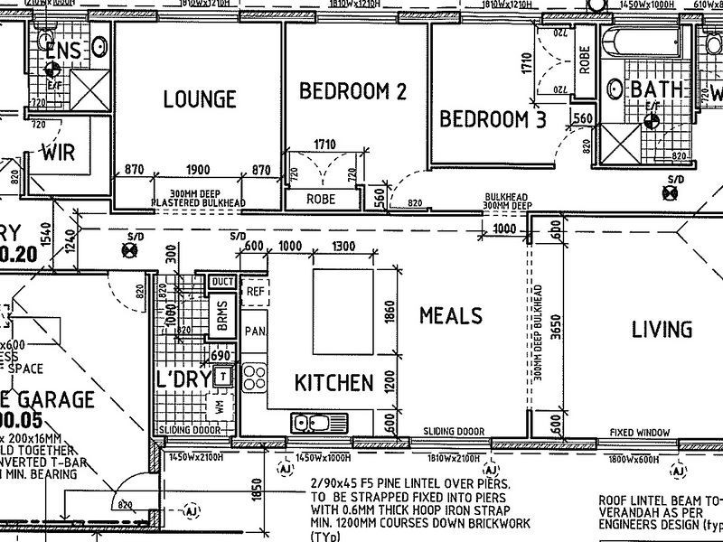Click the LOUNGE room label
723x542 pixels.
(x=199, y=99)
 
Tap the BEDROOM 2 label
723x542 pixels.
(x=352, y=91)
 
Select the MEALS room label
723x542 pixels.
(x=450, y=315)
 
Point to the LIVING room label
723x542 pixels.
(x=662, y=330)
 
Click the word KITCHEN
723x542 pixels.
(x=333, y=383)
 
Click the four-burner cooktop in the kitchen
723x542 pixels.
(x=252, y=375)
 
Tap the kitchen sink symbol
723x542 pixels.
(x=318, y=423)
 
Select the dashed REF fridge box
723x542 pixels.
(x=254, y=292)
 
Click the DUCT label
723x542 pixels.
(x=221, y=282)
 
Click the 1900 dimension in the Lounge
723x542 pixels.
(x=198, y=170)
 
